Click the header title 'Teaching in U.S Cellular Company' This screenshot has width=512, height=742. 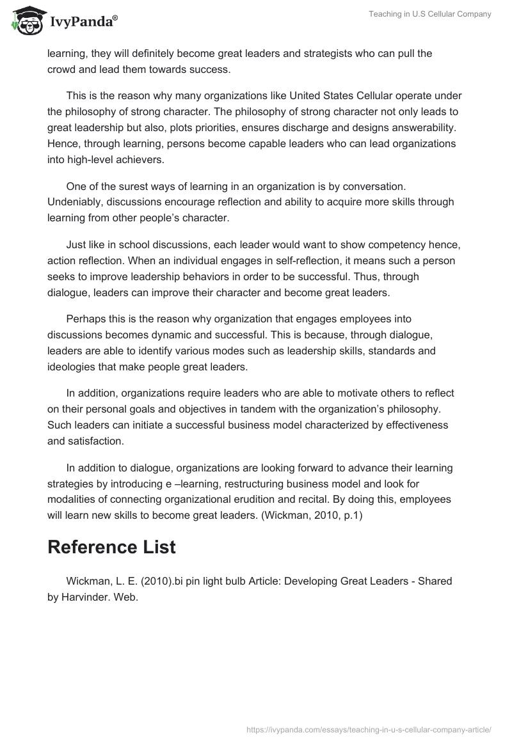click(429, 14)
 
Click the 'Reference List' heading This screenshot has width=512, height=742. click(112, 547)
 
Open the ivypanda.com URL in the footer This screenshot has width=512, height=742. click(369, 728)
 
